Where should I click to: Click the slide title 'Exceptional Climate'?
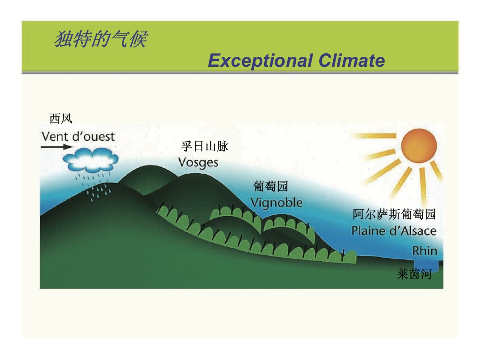pos(296,60)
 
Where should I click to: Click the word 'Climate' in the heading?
pos(351,60)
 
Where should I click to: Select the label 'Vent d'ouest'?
pos(78,136)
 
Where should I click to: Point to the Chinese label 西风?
pos(61,118)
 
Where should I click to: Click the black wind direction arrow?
pos(57,147)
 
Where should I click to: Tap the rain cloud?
pos(90,160)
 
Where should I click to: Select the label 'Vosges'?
pos(198,163)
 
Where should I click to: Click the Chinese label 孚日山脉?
pos(205,146)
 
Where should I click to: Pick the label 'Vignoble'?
pos(276,203)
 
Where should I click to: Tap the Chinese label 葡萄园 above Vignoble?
pos(270,186)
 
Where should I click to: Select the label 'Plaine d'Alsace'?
pos(394,231)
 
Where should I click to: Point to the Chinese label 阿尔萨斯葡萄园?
pos(394,214)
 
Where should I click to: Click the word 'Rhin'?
pos(424,251)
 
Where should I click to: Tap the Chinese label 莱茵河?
pos(414,274)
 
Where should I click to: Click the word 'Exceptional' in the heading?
pos(261,60)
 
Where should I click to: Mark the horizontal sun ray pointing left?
pos(374,135)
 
